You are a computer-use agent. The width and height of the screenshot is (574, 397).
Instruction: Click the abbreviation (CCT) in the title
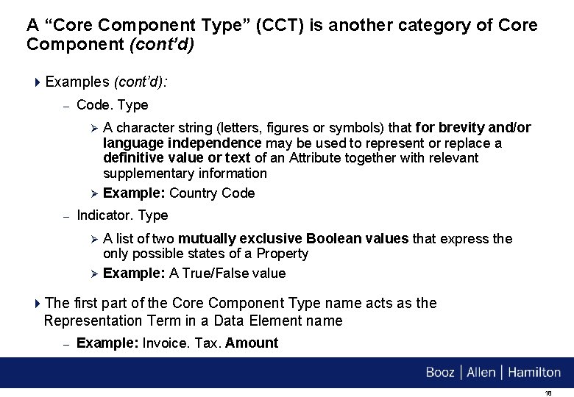coord(282,26)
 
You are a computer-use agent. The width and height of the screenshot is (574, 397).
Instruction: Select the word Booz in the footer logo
coord(440,373)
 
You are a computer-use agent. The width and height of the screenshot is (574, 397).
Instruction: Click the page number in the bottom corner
coord(548,393)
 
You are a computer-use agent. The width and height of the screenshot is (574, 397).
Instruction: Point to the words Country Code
coord(212,193)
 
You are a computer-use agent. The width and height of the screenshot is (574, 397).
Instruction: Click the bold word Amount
coord(252,343)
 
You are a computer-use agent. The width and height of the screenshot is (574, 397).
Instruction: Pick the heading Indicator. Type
coord(122,215)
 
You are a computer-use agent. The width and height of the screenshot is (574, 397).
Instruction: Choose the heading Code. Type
coord(112,105)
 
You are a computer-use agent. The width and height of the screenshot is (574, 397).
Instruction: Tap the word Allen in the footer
coord(481,373)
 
